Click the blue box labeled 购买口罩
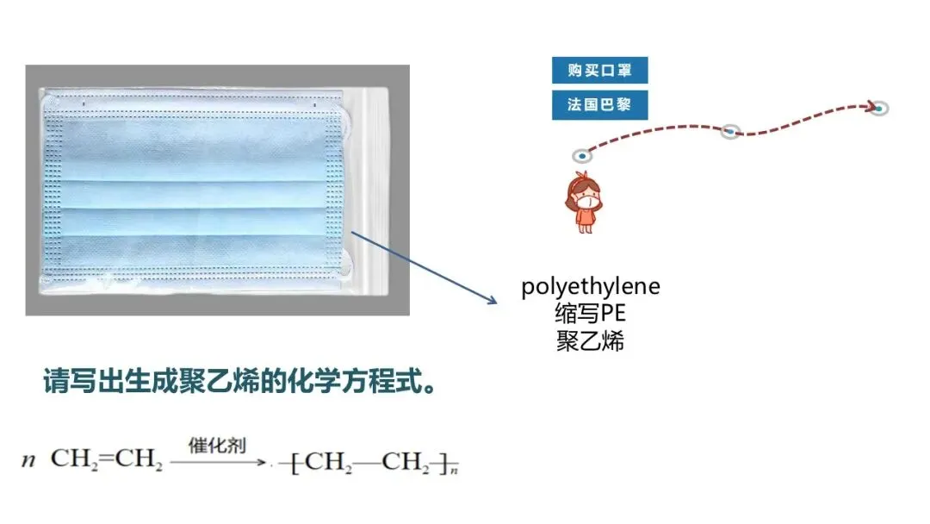point(599,71)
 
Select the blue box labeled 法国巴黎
point(599,105)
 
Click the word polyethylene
point(590,287)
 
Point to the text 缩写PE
point(590,314)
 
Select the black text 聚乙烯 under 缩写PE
point(590,340)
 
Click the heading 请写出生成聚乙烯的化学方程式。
point(239,381)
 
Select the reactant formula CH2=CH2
point(107,459)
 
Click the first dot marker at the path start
point(582,156)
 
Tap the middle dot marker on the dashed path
point(730,132)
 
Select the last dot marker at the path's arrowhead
point(877,108)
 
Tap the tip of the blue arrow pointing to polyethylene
point(495,302)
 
